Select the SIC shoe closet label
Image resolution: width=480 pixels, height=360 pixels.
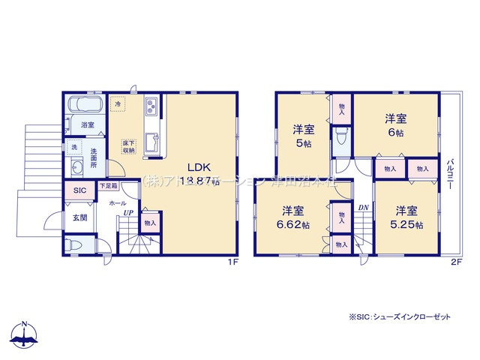coord(79,191)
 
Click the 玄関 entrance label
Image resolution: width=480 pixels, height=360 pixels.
coord(79,217)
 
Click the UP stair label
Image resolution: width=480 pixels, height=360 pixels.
coord(128,212)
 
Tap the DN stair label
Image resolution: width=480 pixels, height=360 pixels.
coord(363,207)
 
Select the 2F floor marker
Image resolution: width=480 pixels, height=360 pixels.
coord(454,262)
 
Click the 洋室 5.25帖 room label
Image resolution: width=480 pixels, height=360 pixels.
coord(407,217)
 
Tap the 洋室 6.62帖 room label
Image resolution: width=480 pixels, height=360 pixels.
coord(293,216)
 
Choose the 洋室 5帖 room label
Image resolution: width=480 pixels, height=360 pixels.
coord(304,136)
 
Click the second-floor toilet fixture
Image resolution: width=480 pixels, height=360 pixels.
coord(341,137)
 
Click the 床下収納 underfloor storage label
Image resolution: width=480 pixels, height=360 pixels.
coord(128,145)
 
